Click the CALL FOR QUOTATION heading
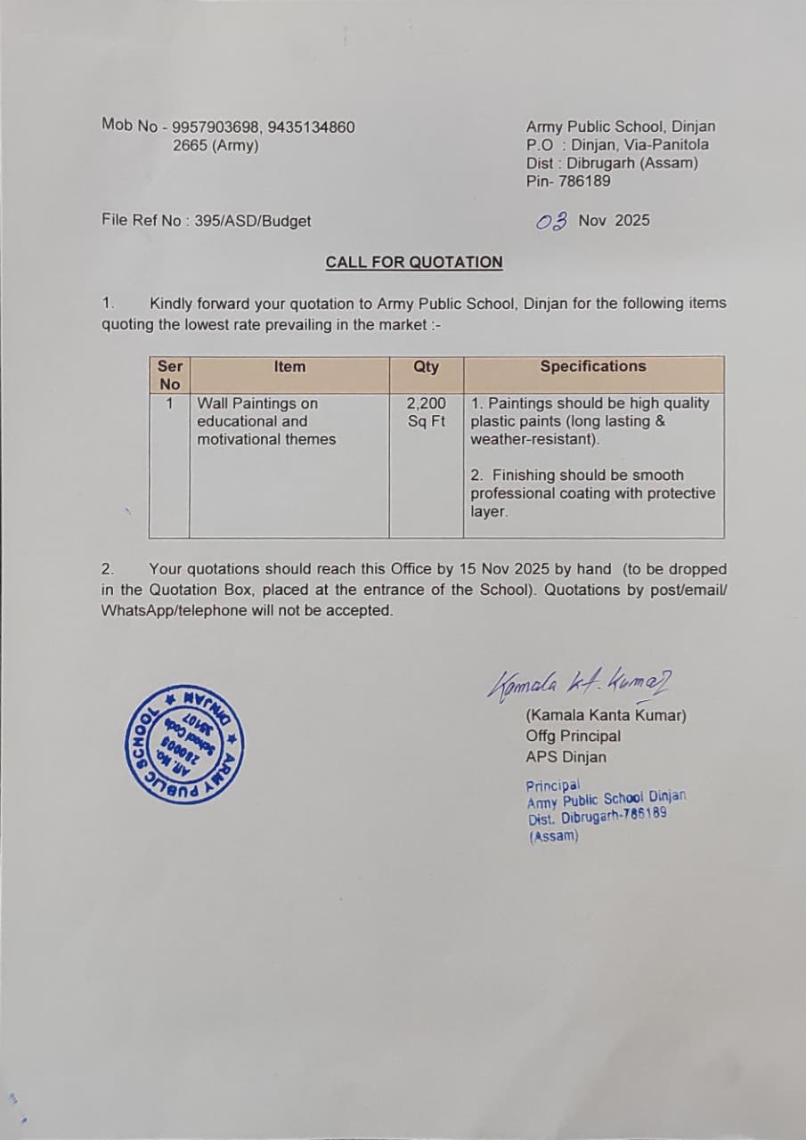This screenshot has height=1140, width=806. coord(414,263)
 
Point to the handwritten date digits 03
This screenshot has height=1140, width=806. coord(552,221)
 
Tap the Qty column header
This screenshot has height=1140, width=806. coord(426,366)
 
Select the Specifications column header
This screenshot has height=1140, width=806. coord(593,366)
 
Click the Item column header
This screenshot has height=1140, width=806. coord(289,366)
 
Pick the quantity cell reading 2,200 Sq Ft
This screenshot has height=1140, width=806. coord(427,412)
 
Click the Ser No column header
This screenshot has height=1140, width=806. coord(169,375)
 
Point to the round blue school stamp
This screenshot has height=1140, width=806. coord(185,745)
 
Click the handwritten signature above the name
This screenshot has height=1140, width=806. coord(579,684)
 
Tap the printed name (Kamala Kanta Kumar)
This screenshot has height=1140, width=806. coord(607,715)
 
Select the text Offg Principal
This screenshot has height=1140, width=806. coord(574,736)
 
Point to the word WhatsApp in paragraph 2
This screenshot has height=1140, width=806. coord(136,611)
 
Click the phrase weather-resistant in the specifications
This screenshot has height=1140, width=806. coord(533,439)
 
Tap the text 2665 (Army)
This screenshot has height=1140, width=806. coord(216,145)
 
